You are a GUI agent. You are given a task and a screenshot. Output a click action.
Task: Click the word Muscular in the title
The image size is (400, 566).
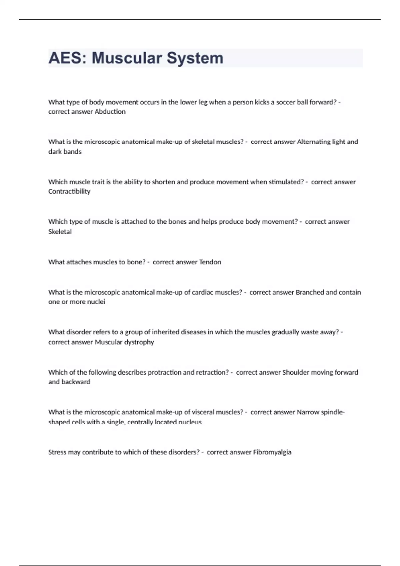(126, 58)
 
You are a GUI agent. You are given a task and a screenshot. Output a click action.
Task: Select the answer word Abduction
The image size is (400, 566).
(110, 112)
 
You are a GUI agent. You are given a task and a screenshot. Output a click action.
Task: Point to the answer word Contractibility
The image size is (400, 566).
(69, 191)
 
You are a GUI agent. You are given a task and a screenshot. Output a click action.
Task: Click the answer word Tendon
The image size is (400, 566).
(210, 262)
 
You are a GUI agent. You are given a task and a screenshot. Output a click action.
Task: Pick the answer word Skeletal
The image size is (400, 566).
(60, 232)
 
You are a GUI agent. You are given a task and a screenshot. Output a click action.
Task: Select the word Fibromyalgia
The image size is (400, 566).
(272, 452)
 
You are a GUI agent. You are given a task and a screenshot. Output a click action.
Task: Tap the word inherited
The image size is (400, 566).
(165, 332)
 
